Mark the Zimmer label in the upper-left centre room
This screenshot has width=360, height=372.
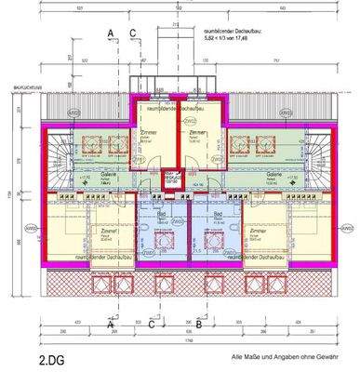150,133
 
